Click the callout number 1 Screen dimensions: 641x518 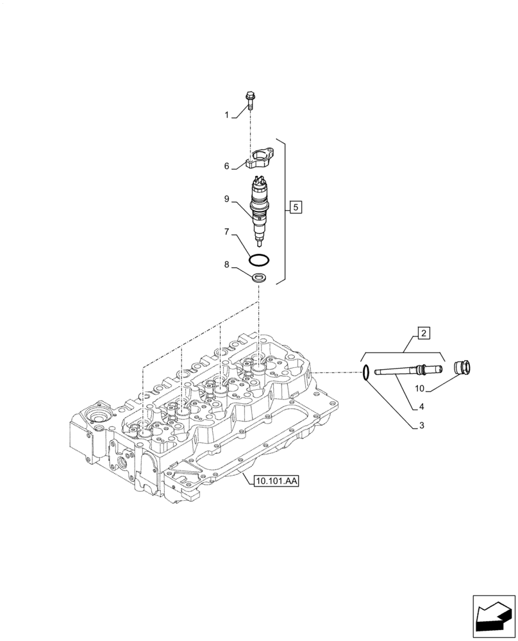pyautogui.click(x=226, y=115)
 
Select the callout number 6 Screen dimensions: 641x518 pyautogui.click(x=226, y=166)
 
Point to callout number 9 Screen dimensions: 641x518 pyautogui.click(x=226, y=199)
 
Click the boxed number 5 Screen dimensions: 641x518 pyautogui.click(x=294, y=206)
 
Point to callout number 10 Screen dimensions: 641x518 pyautogui.click(x=420, y=388)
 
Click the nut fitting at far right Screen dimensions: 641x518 pyautogui.click(x=462, y=369)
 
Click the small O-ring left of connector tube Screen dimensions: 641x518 pyautogui.click(x=365, y=372)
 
